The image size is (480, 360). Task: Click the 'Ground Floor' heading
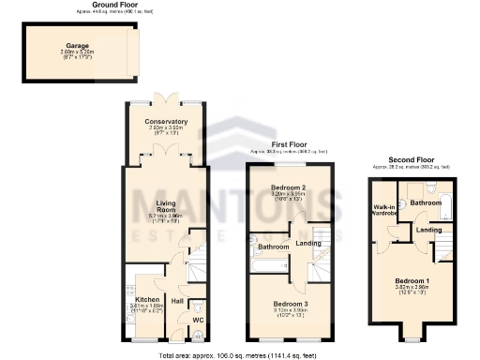(92, 5)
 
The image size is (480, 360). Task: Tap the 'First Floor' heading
(289, 145)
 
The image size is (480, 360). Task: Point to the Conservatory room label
(166, 122)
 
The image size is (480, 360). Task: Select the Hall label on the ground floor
(176, 301)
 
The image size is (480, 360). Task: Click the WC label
(198, 321)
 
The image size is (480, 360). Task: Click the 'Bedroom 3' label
(288, 304)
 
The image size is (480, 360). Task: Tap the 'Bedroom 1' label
(411, 282)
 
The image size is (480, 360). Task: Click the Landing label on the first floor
(307, 244)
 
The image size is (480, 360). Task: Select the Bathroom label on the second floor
(425, 202)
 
